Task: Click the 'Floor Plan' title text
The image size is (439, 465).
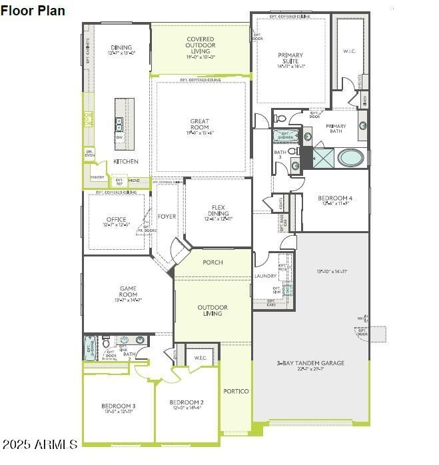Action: pyautogui.click(x=33, y=10)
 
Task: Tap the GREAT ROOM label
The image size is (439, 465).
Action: pyautogui.click(x=199, y=125)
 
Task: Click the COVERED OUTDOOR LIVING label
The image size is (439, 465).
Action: pyautogui.click(x=200, y=45)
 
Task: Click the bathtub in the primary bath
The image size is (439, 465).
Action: pyautogui.click(x=350, y=158)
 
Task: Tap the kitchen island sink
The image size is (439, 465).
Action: pyautogui.click(x=119, y=123)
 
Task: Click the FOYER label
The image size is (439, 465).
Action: pyautogui.click(x=167, y=217)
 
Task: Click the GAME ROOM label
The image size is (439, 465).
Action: pyautogui.click(x=128, y=294)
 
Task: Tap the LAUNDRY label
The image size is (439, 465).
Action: pyautogui.click(x=265, y=276)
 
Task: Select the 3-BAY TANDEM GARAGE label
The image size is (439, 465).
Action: pyautogui.click(x=310, y=364)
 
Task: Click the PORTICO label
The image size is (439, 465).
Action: pyautogui.click(x=236, y=391)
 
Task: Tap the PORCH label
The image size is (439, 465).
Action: pyautogui.click(x=213, y=262)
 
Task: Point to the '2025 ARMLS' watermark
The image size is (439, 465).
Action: pyautogui.click(x=40, y=444)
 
